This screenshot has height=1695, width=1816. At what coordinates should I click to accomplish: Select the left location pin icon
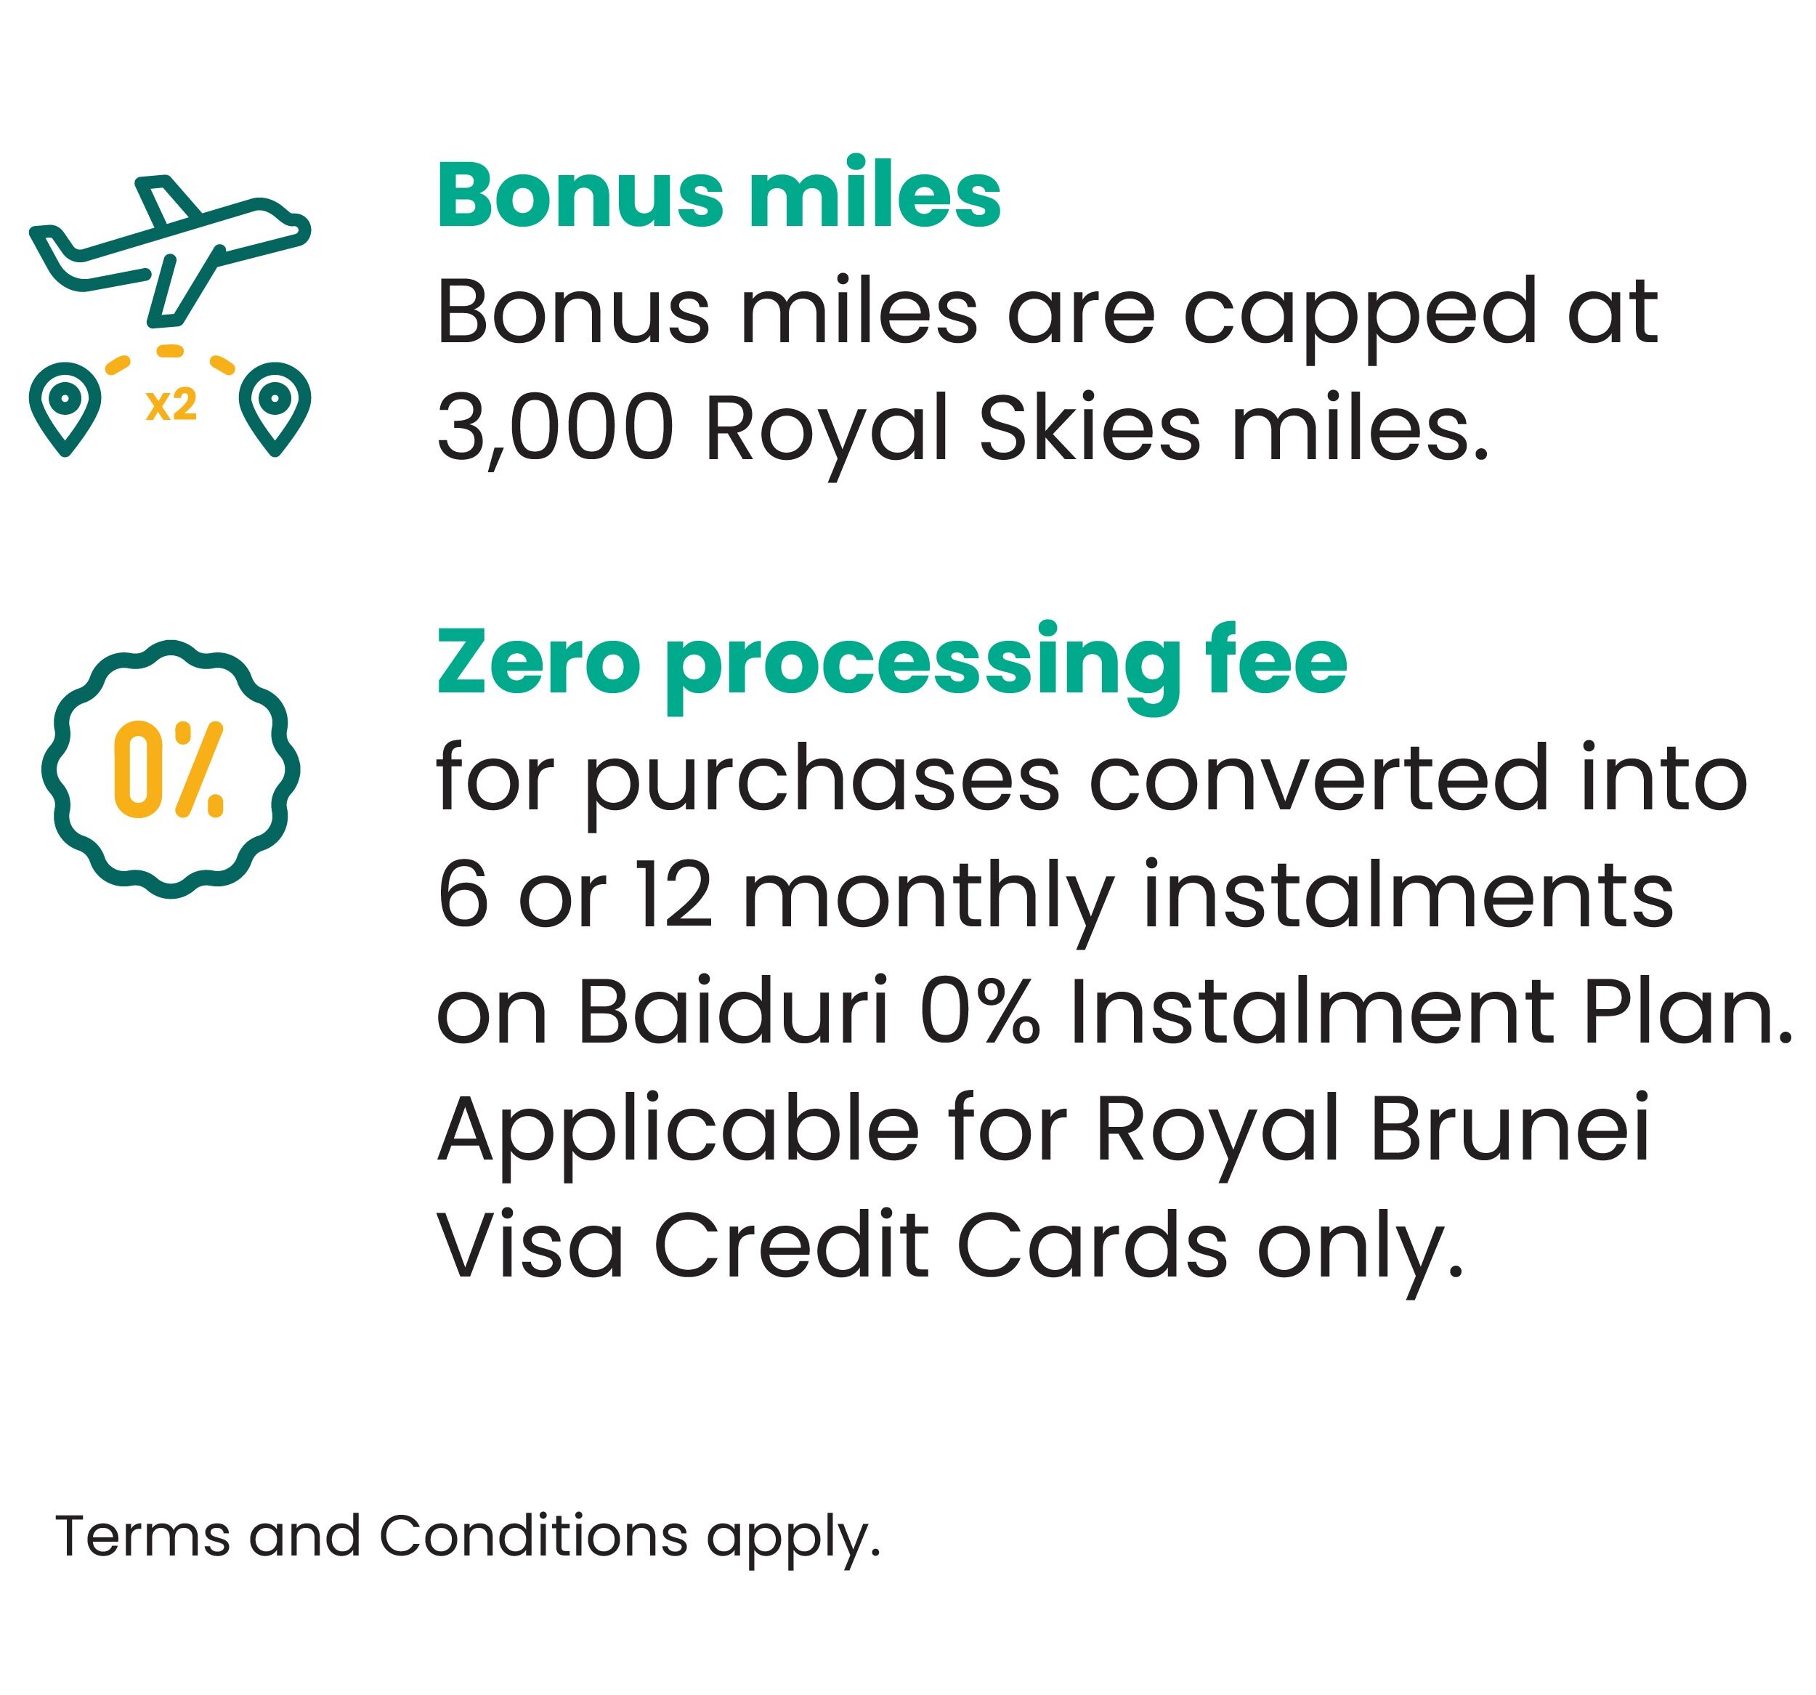pyautogui.click(x=65, y=408)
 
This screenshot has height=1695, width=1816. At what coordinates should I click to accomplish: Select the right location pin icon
pyautogui.click(x=275, y=408)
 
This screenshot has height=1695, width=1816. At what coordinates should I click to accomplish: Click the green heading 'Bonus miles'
pyautogui.click(x=719, y=195)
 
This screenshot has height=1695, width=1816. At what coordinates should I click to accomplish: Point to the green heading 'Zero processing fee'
pyautogui.click(x=891, y=663)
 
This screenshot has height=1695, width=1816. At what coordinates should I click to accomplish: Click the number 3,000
pyautogui.click(x=556, y=429)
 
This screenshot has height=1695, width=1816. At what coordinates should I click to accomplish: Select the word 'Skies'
pyautogui.click(x=1089, y=428)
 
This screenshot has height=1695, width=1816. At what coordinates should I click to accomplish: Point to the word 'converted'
pyautogui.click(x=1319, y=780)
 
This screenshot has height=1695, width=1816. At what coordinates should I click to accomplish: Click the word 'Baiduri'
pyautogui.click(x=734, y=1013)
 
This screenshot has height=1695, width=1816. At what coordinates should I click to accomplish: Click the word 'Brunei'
pyautogui.click(x=1511, y=1128)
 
